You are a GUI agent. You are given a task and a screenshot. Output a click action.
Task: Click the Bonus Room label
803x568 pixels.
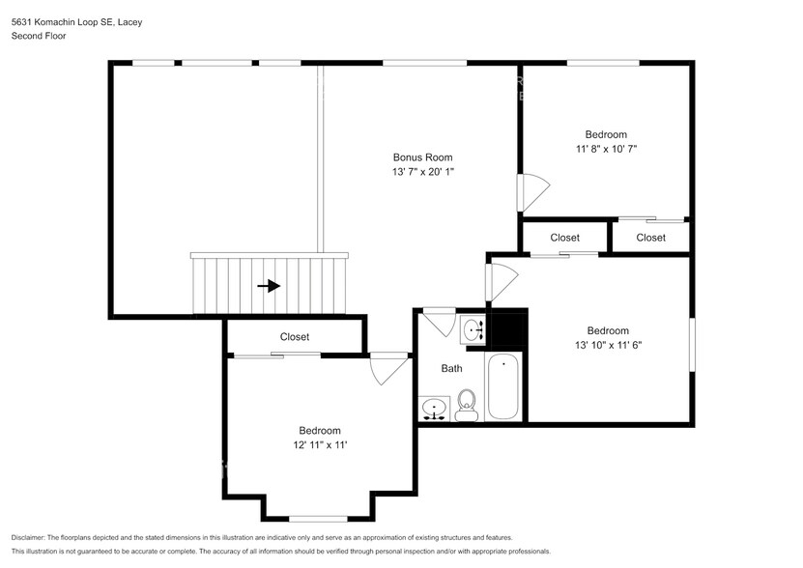(421, 157)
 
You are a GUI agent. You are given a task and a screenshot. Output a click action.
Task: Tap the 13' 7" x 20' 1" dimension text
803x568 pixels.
(421, 172)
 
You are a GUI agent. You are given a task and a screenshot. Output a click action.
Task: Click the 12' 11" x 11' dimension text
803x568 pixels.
(319, 444)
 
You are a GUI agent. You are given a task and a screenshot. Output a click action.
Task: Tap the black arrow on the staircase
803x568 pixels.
(269, 286)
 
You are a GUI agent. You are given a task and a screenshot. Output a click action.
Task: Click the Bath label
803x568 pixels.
(451, 368)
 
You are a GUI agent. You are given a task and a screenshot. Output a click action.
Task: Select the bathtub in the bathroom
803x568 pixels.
(503, 387)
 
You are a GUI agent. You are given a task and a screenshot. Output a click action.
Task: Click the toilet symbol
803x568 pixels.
(467, 405)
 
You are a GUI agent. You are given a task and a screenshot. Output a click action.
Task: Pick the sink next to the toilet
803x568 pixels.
(435, 410)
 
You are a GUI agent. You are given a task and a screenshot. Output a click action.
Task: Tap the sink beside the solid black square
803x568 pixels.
(473, 330)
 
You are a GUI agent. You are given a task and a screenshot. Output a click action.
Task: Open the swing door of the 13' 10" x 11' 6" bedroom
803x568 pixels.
(502, 281)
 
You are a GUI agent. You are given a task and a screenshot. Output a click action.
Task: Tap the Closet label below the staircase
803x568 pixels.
(295, 337)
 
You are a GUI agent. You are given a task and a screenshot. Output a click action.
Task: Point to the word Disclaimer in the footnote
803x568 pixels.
(33, 537)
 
